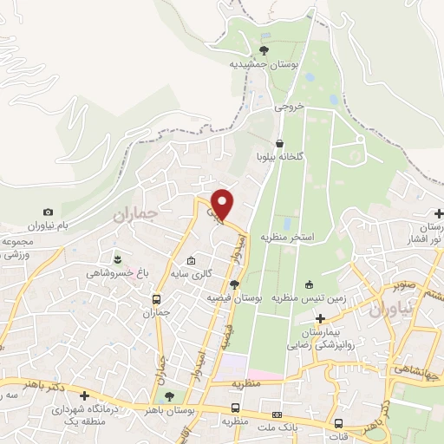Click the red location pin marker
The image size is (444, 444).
click(222, 205)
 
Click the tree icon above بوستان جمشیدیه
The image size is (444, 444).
click(264, 49)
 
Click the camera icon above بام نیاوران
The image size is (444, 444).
click(49, 212)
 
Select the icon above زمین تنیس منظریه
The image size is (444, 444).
click(309, 284)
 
